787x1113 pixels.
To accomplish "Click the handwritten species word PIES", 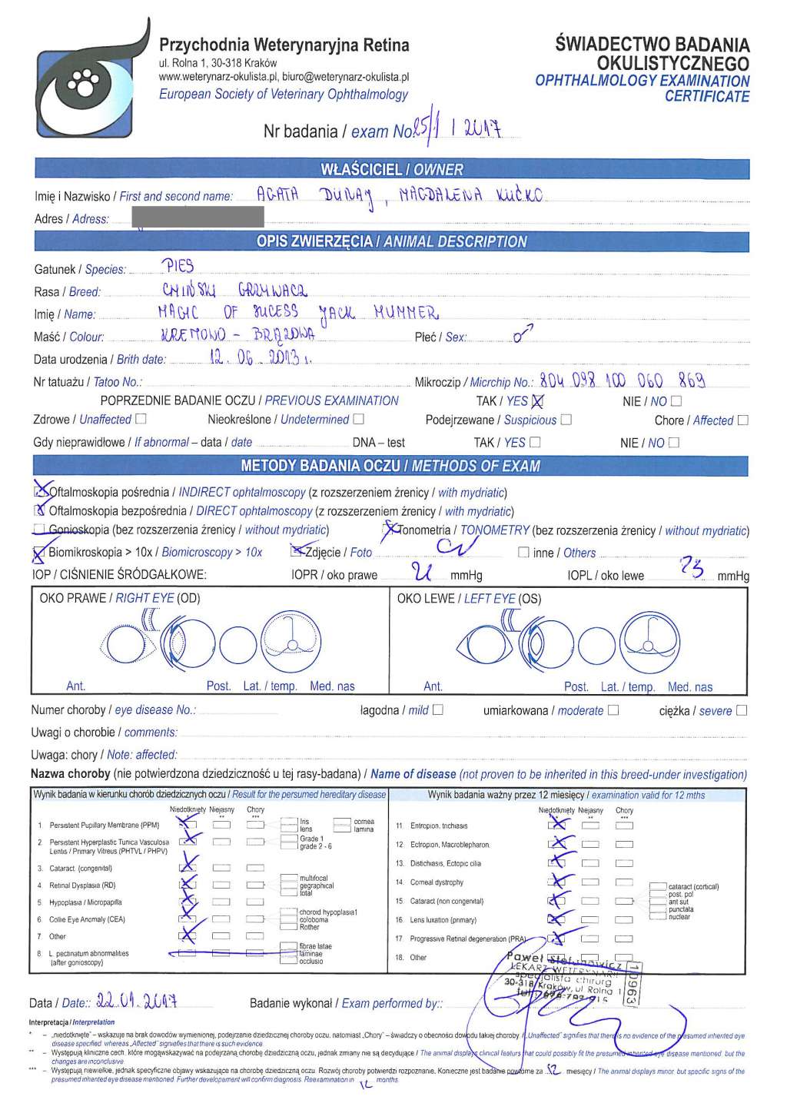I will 178,266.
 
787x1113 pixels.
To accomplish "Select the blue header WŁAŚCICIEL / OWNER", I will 391,169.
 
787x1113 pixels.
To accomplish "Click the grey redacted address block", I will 198,216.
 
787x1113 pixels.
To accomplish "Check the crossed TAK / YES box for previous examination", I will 537,400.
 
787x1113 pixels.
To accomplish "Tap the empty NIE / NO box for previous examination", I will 676,400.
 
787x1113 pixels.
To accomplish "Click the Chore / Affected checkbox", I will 742,420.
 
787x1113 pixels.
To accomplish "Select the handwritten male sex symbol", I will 523,334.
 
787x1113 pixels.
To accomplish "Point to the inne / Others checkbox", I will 523,552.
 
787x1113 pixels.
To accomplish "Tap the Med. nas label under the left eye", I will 689,686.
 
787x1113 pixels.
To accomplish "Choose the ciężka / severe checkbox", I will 741,710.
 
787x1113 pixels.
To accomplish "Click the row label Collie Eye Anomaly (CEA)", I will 87,919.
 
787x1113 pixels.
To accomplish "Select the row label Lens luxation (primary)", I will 443,919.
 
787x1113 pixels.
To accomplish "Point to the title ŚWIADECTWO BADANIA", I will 652,45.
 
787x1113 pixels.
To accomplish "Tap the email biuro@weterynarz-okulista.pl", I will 345,77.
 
